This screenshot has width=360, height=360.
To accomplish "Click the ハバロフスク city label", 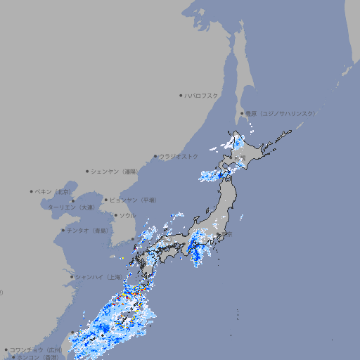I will click(202, 95).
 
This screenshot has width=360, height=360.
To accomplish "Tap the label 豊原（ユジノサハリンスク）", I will click(280, 113).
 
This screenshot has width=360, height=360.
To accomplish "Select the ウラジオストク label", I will click(179, 156).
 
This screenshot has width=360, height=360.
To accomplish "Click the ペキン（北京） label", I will click(54, 191).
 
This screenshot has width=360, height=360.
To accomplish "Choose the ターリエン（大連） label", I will click(71, 207).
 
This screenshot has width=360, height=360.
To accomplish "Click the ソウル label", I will click(127, 215).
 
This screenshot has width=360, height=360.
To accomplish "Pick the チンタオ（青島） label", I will click(88, 230).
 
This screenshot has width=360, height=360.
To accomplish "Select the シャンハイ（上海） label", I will click(98, 277).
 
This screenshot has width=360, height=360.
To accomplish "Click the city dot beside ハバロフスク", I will click(181, 95).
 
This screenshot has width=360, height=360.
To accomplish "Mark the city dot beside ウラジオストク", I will click(155, 156).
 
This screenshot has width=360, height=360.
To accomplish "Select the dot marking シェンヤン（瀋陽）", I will click(87, 171).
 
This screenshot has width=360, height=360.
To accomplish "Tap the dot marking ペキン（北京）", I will click(32, 191).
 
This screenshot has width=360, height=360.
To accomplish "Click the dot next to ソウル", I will click(115, 215).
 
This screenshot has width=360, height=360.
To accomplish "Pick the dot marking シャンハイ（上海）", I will click(72, 277).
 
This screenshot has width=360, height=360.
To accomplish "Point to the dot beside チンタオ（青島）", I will click(63, 230).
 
